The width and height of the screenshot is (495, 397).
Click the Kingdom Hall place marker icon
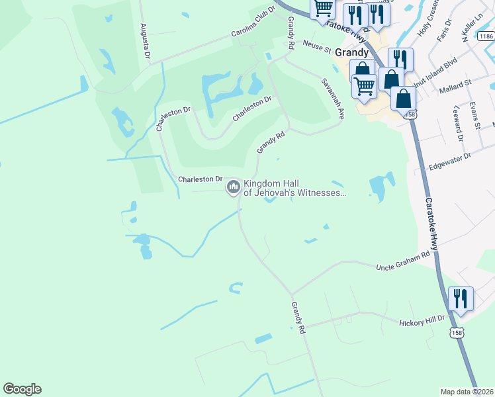click(x=233, y=187)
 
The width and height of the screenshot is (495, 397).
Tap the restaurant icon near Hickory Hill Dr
click(x=461, y=298)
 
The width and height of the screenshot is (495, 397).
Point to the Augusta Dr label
click(x=144, y=39)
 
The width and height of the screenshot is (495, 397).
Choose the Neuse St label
click(x=317, y=46)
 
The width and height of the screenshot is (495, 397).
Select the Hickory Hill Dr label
click(x=424, y=322)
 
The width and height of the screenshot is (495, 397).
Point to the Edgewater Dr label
click(x=449, y=159)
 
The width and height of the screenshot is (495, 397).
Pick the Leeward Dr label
click(x=457, y=122)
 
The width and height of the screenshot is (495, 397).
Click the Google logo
click(x=22, y=389)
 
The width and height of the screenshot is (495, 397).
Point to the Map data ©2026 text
click(x=467, y=392)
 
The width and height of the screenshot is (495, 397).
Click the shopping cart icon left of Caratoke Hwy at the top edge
click(x=323, y=9)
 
